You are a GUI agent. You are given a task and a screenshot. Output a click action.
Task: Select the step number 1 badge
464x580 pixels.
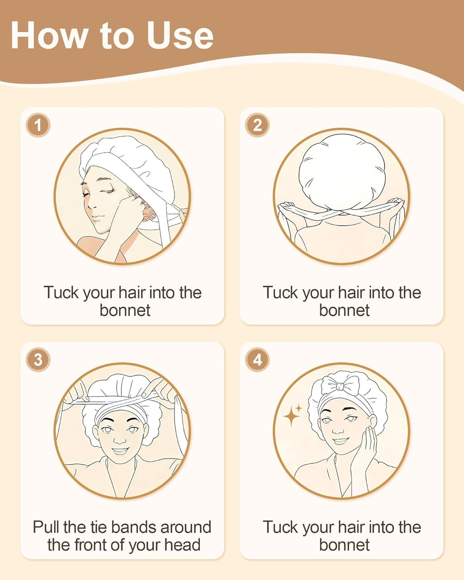(38, 125)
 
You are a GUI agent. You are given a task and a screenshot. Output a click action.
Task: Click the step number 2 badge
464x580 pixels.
(257, 125)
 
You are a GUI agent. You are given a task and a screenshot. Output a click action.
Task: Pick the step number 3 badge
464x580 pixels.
(38, 360)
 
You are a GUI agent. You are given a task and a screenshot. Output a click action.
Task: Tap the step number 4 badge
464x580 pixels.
(257, 360)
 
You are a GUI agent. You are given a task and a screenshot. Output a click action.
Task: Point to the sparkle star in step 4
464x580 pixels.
(292, 416)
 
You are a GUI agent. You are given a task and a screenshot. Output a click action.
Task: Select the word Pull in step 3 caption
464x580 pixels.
(46, 527)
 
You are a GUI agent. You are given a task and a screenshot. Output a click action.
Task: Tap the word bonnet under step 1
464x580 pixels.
(125, 310)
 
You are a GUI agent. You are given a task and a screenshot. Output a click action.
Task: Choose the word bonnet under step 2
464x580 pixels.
(344, 310)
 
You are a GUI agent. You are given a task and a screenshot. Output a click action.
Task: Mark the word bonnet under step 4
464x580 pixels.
(344, 545)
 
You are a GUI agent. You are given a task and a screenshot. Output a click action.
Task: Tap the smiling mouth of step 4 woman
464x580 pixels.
(341, 441)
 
